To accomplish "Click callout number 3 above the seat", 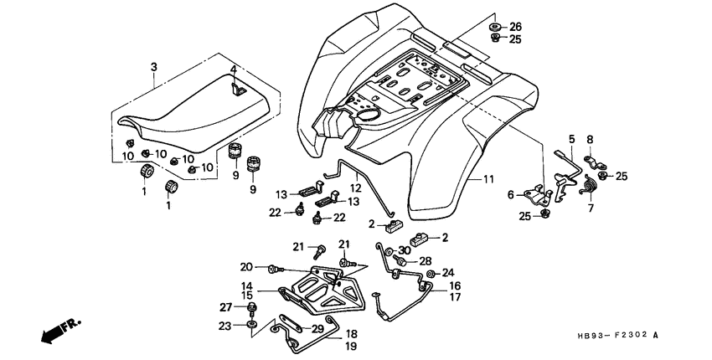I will click(x=153, y=66).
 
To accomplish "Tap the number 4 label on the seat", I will click(x=234, y=69).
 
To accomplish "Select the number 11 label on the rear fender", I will click(x=489, y=179).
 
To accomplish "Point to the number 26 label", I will click(x=515, y=26).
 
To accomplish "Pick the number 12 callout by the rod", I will click(x=355, y=188).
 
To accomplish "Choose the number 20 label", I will click(x=245, y=268).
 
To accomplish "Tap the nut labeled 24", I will click(x=430, y=274).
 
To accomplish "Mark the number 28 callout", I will click(x=425, y=261).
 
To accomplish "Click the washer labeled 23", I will click(x=251, y=325).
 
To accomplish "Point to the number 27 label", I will click(x=224, y=306).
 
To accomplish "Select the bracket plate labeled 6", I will click(x=533, y=195).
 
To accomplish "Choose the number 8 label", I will click(x=589, y=139).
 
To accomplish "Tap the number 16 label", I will click(x=455, y=285).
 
